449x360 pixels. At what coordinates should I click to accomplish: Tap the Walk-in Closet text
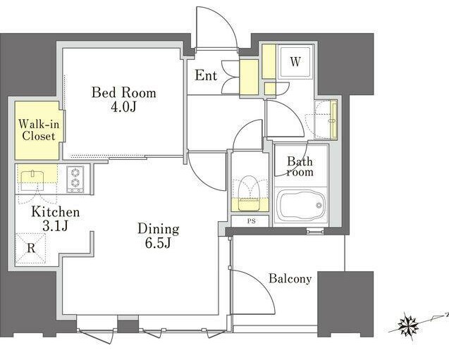39,130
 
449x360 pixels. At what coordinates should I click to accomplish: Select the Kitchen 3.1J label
56,219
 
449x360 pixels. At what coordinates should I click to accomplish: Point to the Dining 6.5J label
159,236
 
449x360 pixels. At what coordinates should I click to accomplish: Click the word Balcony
290,278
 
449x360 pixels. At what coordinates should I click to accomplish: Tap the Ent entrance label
206,75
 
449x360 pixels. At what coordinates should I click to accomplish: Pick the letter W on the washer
295,61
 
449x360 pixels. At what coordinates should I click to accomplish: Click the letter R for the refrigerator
31,249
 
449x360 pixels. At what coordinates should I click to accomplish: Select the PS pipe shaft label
252,221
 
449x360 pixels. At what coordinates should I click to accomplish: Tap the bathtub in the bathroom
302,205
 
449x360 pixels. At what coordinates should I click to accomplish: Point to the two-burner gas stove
75,179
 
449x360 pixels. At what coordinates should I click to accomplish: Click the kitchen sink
32,177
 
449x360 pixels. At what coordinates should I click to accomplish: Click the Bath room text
300,166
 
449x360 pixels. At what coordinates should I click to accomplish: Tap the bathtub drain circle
319,205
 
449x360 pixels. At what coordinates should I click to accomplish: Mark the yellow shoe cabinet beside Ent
249,77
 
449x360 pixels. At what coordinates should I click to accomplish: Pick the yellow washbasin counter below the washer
333,119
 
